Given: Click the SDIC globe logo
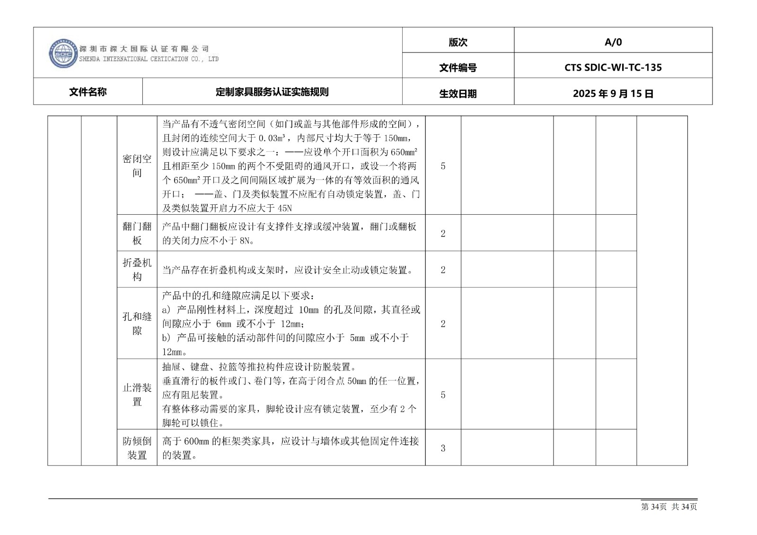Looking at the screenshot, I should click(x=63, y=53).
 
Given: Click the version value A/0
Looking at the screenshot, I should click(x=613, y=42).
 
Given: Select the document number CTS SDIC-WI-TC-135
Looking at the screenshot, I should click(x=613, y=67).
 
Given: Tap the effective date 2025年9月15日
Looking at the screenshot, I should click(x=613, y=93).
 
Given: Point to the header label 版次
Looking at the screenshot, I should click(x=458, y=42).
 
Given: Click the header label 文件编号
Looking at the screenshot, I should click(x=458, y=68).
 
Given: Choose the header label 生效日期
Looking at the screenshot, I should click(x=458, y=93).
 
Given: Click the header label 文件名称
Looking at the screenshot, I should click(x=88, y=92).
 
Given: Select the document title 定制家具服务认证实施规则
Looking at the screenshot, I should click(x=272, y=92).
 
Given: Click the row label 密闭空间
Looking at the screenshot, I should click(x=137, y=166).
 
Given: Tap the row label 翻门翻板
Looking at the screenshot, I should click(x=137, y=233).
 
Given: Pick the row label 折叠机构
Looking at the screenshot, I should click(x=137, y=270).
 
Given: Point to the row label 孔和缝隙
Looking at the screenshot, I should click(x=137, y=324).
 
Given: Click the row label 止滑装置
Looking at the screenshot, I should click(x=137, y=395).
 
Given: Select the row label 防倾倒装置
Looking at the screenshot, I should click(x=137, y=448).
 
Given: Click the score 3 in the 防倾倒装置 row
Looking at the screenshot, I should click(x=443, y=448).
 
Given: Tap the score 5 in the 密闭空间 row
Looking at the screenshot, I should click(x=443, y=166).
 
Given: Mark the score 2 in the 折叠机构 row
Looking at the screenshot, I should click(x=443, y=270).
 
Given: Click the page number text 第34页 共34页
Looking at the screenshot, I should click(x=669, y=507).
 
